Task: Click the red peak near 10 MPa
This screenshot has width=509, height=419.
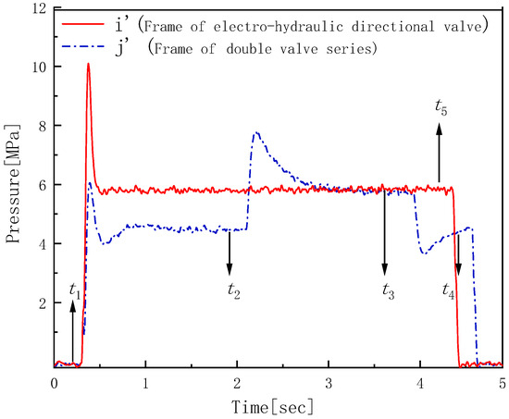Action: tap(88, 64)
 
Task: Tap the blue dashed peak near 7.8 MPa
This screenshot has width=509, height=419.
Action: tap(256, 133)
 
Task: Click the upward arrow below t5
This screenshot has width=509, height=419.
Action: tap(441, 153)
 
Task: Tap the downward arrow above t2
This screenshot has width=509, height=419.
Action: tap(229, 252)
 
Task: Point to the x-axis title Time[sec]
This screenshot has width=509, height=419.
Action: tap(277, 405)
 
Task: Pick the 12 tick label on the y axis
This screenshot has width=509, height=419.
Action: tap(38, 8)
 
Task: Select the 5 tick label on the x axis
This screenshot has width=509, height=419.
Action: tap(502, 382)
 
